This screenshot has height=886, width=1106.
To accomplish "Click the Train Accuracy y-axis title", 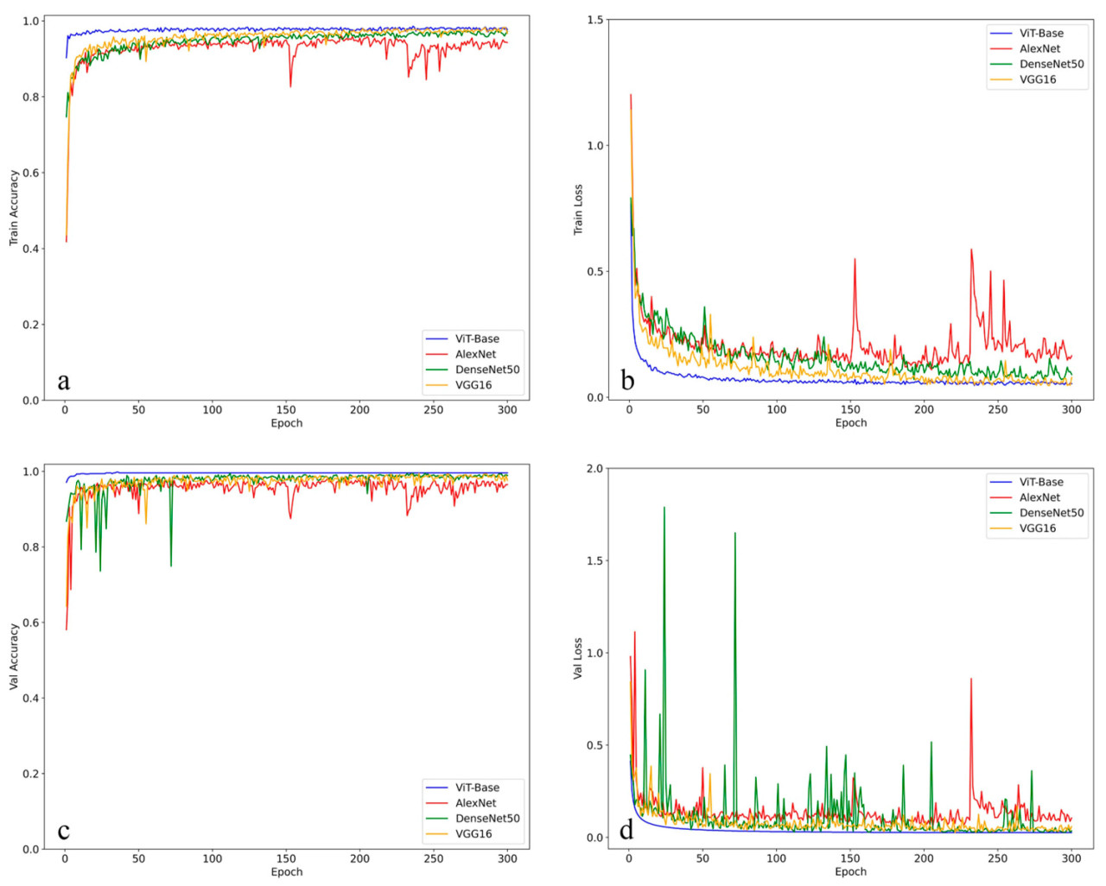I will (x=14, y=208).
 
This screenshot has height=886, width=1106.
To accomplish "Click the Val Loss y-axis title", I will (x=578, y=659).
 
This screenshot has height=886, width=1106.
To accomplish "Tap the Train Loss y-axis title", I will (x=578, y=210).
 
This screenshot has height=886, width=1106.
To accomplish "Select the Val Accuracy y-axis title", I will (x=14, y=657).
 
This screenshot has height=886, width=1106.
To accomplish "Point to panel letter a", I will (x=63, y=381).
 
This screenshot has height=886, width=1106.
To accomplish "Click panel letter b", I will (x=627, y=380).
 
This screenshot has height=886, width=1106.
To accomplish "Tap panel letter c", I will (x=63, y=831).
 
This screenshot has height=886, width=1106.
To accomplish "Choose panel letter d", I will (x=626, y=830).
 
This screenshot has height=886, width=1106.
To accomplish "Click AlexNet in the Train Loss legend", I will (x=1039, y=48).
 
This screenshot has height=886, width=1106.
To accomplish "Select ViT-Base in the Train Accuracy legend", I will (x=477, y=339).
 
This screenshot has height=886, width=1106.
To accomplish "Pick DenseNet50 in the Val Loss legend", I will (x=1051, y=513).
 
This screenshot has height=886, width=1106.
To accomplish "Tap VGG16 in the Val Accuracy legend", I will (x=474, y=834).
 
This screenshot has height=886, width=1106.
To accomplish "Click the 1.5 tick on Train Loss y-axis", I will (x=595, y=20).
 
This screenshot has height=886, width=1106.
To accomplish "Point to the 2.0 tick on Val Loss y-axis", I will (x=595, y=469).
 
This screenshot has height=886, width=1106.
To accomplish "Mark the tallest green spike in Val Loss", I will (x=664, y=509).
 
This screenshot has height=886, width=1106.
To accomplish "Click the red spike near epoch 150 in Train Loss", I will (x=855, y=260).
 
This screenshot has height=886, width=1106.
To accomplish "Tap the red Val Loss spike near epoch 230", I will (x=971, y=680).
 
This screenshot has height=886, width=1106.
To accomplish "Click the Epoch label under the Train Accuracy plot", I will (x=287, y=423).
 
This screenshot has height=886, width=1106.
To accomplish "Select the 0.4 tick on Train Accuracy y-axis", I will (x=31, y=249).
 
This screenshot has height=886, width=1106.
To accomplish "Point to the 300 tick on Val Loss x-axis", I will (x=1071, y=858).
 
